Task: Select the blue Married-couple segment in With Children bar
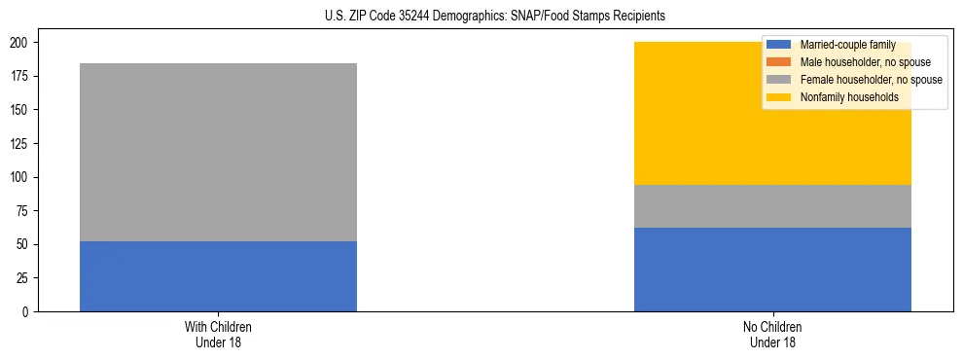[218, 276]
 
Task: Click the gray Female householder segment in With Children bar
[218, 153]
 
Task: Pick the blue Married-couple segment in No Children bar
[772, 270]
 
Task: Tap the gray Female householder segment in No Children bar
[772, 206]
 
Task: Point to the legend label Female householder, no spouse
[871, 80]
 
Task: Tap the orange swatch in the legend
[779, 62]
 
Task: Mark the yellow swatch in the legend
[779, 97]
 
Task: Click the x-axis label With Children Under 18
[218, 334]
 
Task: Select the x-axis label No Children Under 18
[772, 334]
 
